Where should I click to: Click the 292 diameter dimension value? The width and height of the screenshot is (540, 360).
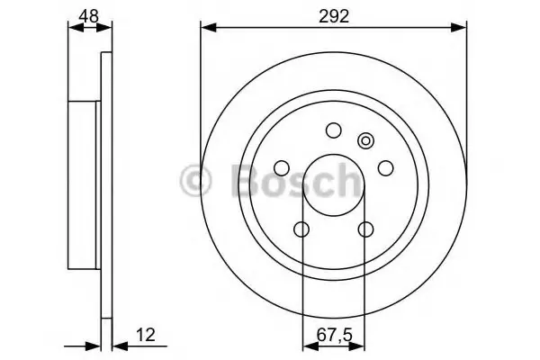tap(334, 16)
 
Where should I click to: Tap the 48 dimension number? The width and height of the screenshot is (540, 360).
tap(89, 15)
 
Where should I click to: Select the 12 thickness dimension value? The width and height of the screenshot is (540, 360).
tap(146, 335)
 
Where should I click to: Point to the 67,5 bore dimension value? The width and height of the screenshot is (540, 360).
tap(335, 335)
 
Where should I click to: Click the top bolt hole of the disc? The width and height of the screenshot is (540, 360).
tap(333, 130)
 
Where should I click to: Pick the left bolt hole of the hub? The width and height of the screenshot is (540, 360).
tap(282, 167)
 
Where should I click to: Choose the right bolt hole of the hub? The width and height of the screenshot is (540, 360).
tap(385, 167)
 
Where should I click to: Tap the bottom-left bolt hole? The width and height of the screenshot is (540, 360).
tap(301, 229)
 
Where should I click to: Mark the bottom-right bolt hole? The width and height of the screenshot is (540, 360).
tap(365, 229)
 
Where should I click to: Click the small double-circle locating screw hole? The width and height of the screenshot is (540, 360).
tap(365, 141)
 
